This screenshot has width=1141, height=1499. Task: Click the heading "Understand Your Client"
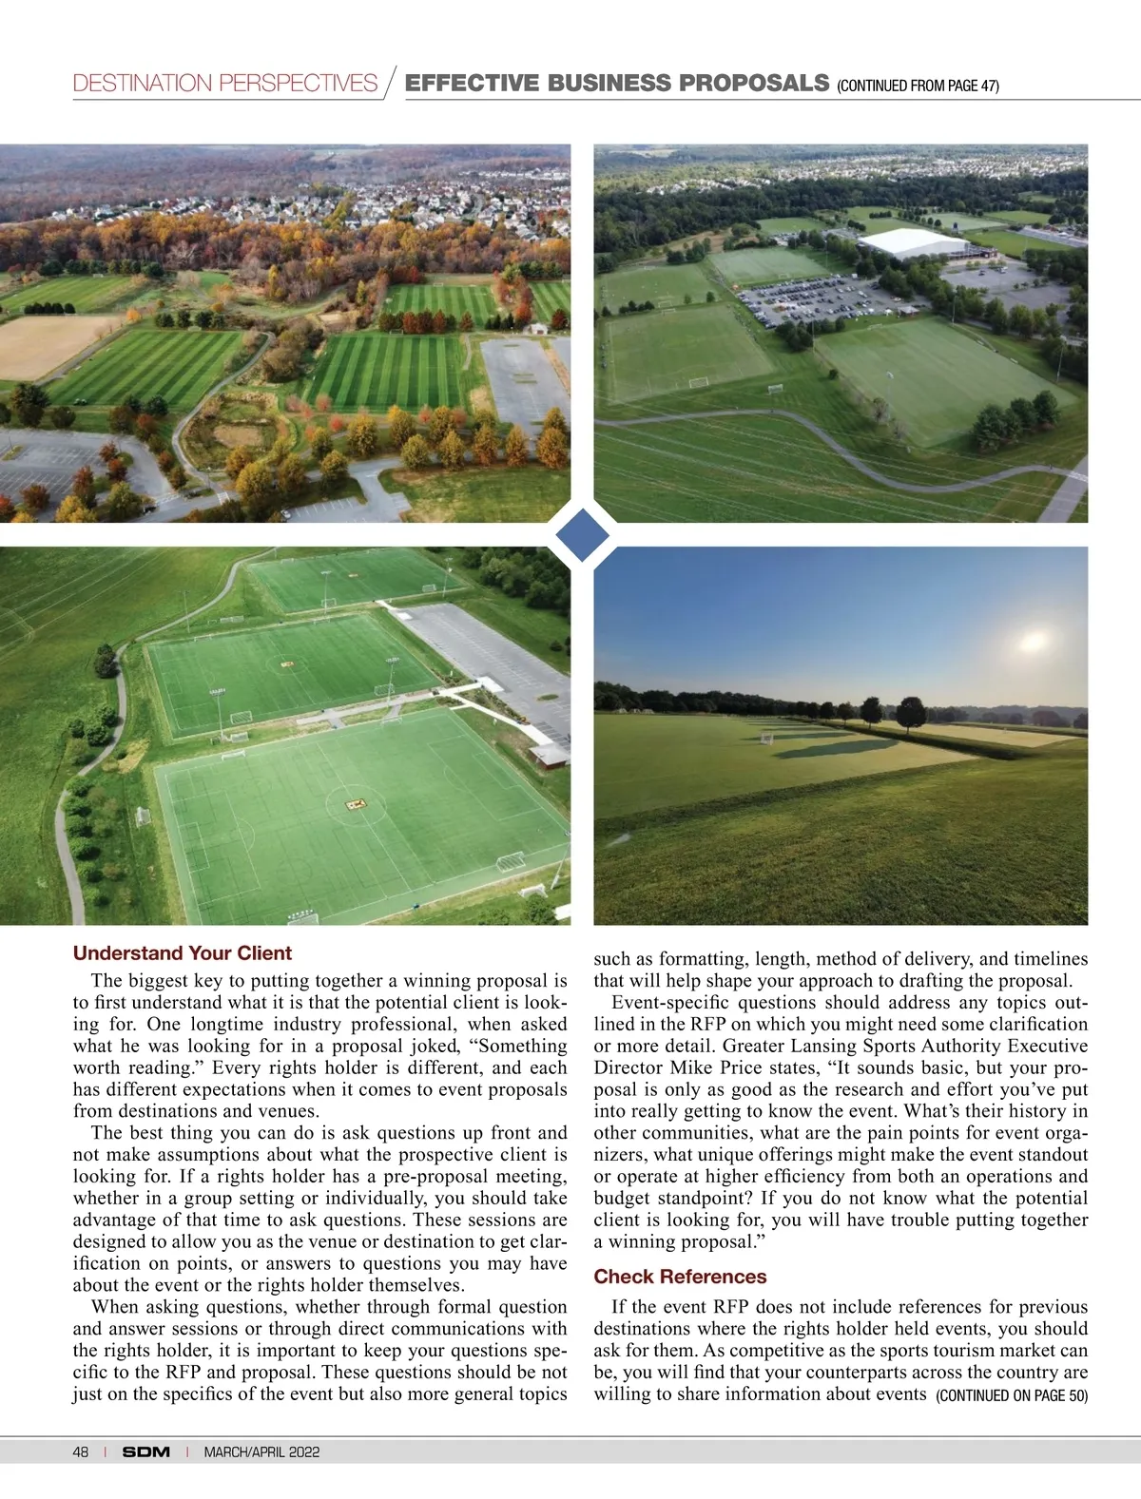pyautogui.click(x=182, y=953)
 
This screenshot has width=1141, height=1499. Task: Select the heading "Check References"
pyautogui.click(x=680, y=1277)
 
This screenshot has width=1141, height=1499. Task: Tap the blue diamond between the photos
pyautogui.click(x=582, y=534)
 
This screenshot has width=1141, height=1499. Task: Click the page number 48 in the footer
pyautogui.click(x=81, y=1451)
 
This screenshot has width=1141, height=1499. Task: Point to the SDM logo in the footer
pyautogui.click(x=146, y=1451)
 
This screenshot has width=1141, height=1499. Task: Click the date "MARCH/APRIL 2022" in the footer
pyautogui.click(x=261, y=1451)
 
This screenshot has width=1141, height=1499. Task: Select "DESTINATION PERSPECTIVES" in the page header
pyautogui.click(x=225, y=84)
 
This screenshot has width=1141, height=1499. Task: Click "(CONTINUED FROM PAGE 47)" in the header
pyautogui.click(x=918, y=86)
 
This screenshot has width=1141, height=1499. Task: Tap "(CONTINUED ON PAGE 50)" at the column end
pyautogui.click(x=1012, y=1395)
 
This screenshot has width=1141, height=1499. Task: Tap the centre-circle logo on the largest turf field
pyautogui.click(x=358, y=805)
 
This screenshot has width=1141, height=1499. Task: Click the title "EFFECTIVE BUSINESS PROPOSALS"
pyautogui.click(x=617, y=83)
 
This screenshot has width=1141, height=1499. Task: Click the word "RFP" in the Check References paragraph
pyautogui.click(x=731, y=1308)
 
